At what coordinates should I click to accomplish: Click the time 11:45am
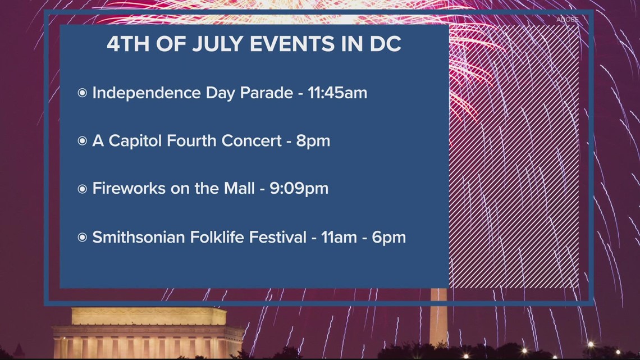click(x=337, y=93)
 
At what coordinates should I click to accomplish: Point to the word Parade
click(x=267, y=93)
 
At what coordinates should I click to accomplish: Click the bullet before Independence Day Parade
click(x=82, y=93)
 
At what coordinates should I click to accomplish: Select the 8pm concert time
click(x=313, y=141)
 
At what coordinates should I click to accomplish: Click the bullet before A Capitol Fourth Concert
click(x=82, y=142)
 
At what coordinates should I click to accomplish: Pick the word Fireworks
click(x=127, y=189)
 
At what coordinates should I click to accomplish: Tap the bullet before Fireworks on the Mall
click(x=82, y=189)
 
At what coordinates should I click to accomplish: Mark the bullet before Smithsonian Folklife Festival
click(x=82, y=238)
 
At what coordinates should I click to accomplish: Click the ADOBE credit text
click(x=567, y=20)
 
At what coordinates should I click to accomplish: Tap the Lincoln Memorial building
click(x=148, y=334)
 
